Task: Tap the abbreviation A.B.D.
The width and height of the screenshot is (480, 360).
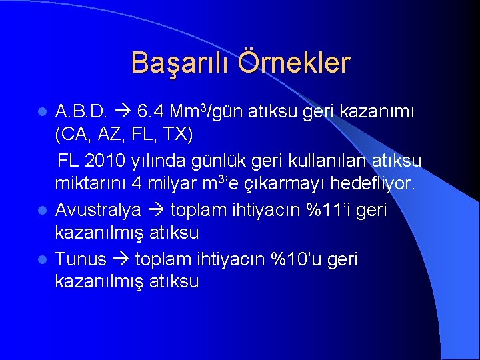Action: (82, 111)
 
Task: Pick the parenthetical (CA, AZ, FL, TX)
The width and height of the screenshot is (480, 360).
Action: (124, 135)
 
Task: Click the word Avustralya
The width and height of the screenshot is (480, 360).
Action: (98, 210)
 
